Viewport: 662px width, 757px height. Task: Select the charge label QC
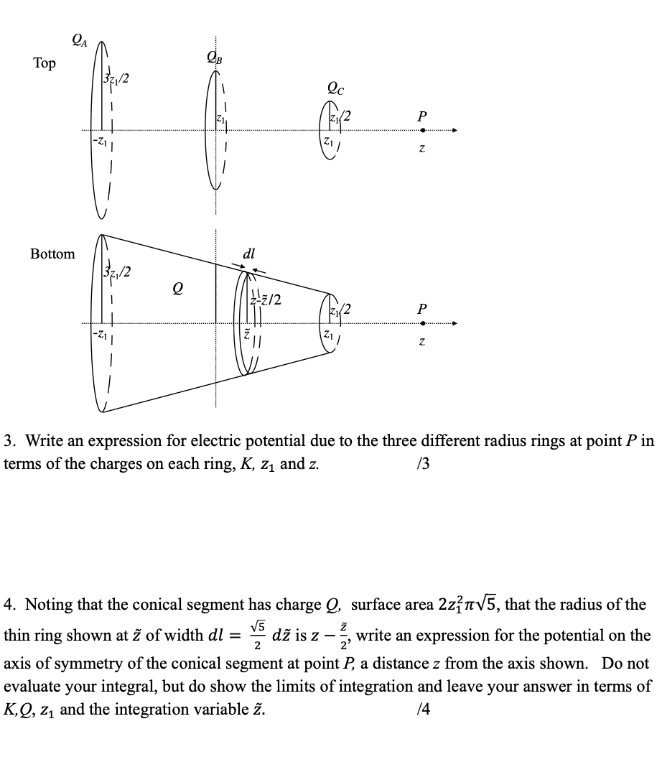(335, 89)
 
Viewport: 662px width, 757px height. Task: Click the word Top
(44, 63)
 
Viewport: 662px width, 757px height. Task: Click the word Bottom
(52, 254)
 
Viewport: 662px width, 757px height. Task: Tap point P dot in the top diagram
(423, 131)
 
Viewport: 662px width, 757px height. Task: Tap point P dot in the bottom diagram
(423, 322)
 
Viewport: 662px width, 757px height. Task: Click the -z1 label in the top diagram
(99, 139)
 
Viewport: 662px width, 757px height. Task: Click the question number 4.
(8, 605)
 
